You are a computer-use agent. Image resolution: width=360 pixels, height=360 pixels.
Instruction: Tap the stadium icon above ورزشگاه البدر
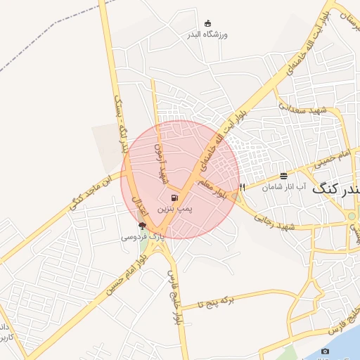click(x=207, y=23)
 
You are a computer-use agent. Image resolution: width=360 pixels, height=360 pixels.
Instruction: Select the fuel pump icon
click(x=174, y=198)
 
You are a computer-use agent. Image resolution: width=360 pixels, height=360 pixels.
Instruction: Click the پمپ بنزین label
click(x=173, y=209)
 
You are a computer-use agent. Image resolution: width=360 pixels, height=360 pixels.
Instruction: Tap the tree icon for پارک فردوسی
click(x=143, y=226)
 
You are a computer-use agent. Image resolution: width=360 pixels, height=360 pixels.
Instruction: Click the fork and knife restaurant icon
click(x=243, y=187)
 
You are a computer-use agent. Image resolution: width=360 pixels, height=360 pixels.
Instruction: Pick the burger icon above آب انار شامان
click(x=283, y=175)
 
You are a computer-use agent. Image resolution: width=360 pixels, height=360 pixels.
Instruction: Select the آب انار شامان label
click(x=284, y=187)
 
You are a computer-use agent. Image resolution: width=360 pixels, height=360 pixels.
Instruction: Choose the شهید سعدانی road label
click(x=303, y=109)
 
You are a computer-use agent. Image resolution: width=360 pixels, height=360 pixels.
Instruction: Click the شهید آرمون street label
click(x=162, y=160)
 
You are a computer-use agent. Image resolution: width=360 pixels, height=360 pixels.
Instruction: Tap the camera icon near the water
click(x=325, y=351)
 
